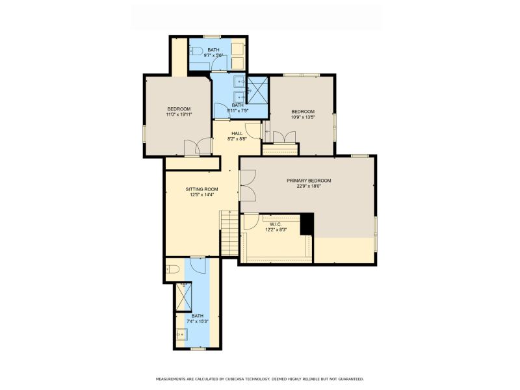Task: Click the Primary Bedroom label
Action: (x=309, y=181)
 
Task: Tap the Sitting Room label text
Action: (x=201, y=189)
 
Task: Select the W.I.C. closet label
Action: (x=276, y=224)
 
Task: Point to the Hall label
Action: (x=237, y=134)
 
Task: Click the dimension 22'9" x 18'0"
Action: (x=309, y=186)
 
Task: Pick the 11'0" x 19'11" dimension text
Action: (x=179, y=114)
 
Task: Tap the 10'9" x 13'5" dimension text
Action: (x=303, y=117)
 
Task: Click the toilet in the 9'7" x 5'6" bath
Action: (x=196, y=51)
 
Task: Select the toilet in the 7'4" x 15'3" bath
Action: (x=172, y=269)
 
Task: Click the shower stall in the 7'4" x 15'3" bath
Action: (x=184, y=297)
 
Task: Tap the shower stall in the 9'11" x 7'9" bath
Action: (x=257, y=90)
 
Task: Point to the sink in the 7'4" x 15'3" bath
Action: (x=182, y=334)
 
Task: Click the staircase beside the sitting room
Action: (x=229, y=233)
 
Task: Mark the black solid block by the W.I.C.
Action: (x=307, y=224)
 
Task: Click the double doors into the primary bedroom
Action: (x=248, y=185)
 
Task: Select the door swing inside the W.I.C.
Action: (x=252, y=222)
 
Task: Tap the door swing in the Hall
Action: (x=253, y=131)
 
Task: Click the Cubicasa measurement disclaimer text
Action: (x=259, y=379)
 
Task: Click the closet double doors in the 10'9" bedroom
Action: (x=284, y=137)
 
